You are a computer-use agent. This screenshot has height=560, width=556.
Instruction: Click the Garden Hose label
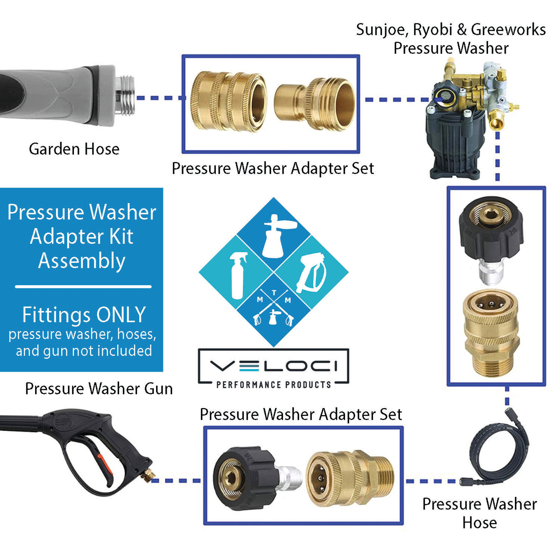(x=74, y=149)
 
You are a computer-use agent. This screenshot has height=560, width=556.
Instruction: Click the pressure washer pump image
(x=466, y=119)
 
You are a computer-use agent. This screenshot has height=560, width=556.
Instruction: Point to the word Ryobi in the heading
(x=433, y=30)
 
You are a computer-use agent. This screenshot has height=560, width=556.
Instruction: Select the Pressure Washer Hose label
(x=479, y=513)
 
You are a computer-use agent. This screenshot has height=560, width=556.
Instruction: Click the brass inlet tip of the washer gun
(x=147, y=474)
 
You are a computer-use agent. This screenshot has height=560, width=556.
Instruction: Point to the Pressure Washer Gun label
(x=99, y=389)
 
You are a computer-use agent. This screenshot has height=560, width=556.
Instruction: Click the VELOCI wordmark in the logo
(x=273, y=366)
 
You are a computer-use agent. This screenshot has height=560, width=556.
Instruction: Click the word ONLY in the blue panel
(x=121, y=315)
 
